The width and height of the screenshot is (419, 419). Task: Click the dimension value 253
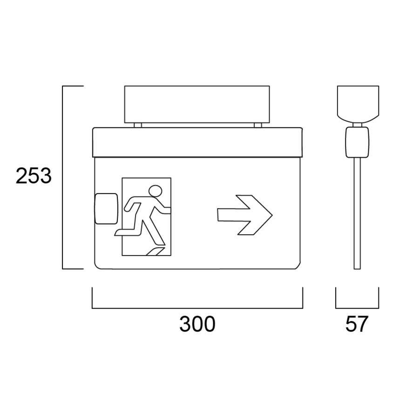coord(33,177)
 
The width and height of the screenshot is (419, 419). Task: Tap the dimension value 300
coord(197,324)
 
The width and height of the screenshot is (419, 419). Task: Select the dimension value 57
coord(357,324)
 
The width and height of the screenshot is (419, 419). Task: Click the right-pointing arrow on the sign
coord(245,215)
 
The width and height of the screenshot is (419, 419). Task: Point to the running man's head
coord(155,191)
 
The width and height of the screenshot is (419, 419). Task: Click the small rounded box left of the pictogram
coord(106,208)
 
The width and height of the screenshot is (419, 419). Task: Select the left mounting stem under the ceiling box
coord(137,125)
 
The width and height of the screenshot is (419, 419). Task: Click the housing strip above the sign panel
coord(197,142)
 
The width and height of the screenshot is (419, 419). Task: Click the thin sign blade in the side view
coord(357,214)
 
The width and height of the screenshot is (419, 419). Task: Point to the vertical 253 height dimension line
coord(63,177)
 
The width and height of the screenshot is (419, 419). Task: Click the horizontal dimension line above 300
coord(197,308)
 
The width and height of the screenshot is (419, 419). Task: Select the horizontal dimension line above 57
coord(357,308)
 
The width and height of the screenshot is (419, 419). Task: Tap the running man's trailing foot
coord(119,231)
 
